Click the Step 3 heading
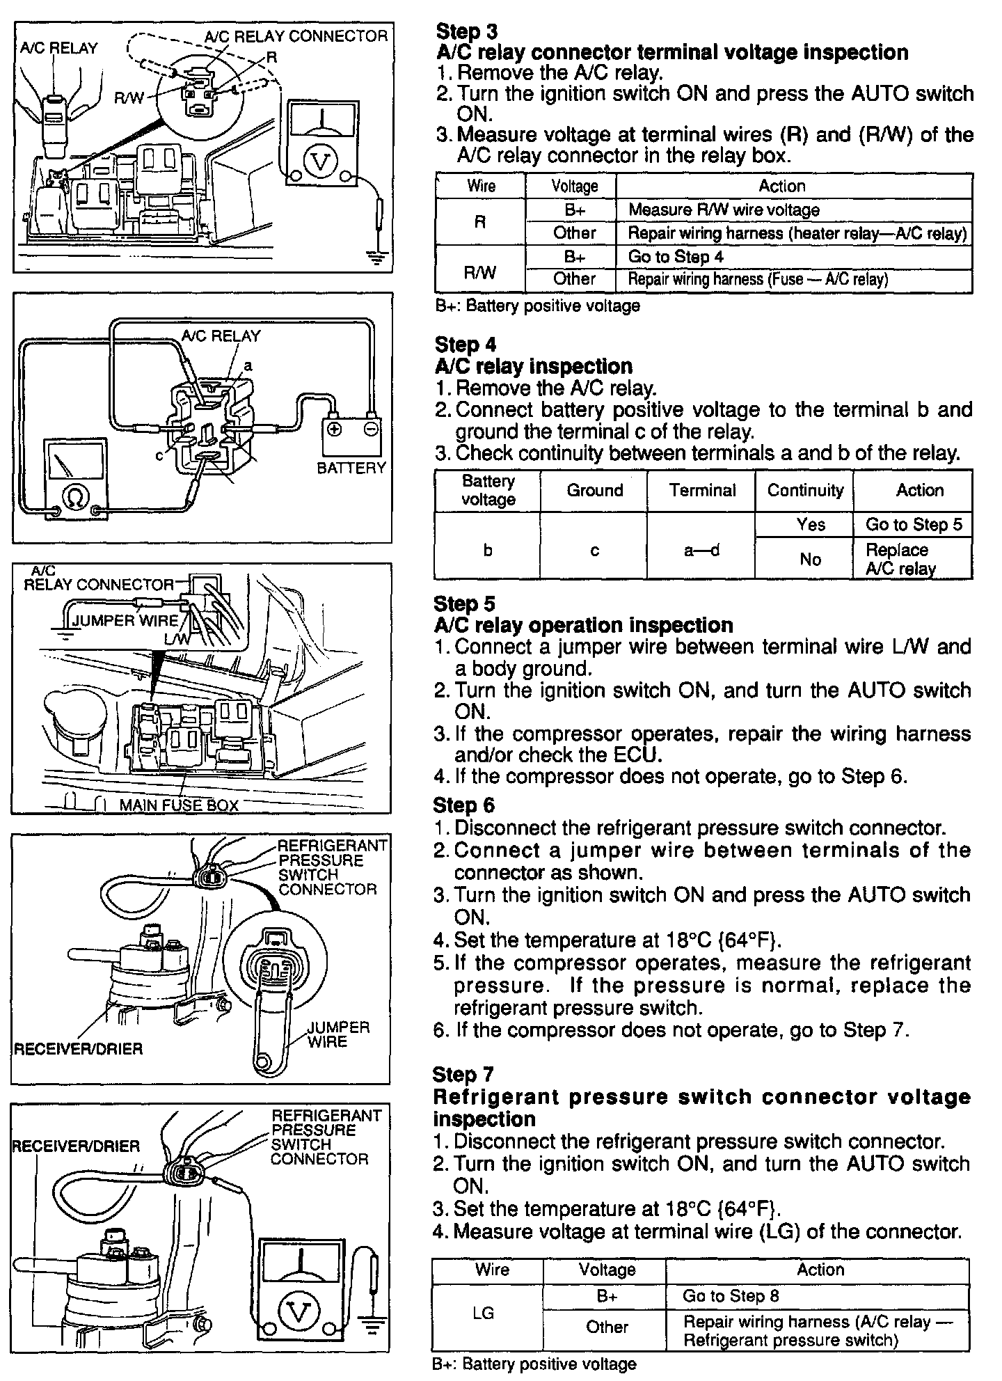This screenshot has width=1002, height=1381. pos(458,31)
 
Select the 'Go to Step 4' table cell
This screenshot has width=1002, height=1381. pos(676,257)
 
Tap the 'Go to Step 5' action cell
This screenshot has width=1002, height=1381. pos(913,524)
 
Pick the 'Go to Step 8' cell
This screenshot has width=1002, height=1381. pos(731,1295)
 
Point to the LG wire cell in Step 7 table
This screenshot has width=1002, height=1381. pos(482,1313)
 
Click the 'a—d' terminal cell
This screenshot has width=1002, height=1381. pos(701,551)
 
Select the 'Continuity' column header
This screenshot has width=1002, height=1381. pos(805,490)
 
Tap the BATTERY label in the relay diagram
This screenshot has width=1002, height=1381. pos(351,468)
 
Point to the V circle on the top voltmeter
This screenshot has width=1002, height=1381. pos(321,161)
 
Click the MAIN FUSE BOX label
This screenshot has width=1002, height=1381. pos(179,805)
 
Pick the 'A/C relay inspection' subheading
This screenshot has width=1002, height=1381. pos(534,366)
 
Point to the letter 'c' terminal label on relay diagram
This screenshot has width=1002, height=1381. pos(159,455)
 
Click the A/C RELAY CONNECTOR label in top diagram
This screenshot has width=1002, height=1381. pos(296,36)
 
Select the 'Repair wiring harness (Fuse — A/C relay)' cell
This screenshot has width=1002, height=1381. pos(758,280)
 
